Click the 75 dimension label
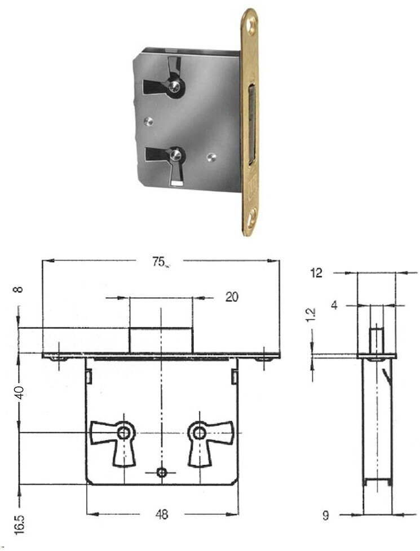(x=159, y=262)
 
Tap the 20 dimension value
(x=231, y=297)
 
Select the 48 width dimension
(x=161, y=514)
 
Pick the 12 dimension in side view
(x=316, y=273)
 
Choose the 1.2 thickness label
(x=312, y=315)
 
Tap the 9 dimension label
(x=325, y=515)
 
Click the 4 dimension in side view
(x=334, y=305)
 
